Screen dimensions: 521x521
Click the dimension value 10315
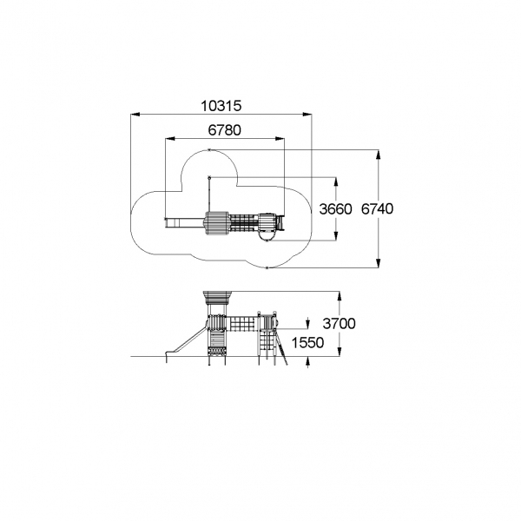[221, 106]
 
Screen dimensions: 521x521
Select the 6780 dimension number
[225, 130]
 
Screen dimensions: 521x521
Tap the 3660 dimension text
[335, 209]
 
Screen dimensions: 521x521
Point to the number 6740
[377, 208]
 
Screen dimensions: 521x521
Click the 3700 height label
[339, 323]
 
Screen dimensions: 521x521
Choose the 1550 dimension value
[307, 343]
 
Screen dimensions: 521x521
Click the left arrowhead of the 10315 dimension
[135, 115]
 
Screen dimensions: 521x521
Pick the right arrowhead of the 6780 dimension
[280, 139]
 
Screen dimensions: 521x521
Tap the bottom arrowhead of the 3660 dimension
[336, 235]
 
